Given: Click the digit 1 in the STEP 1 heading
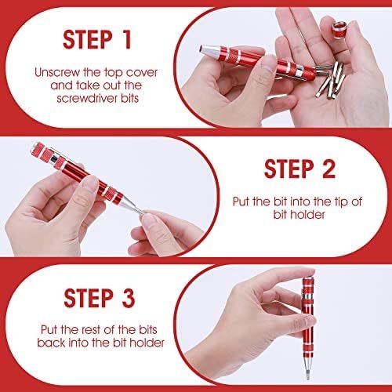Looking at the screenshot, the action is pos(127,39).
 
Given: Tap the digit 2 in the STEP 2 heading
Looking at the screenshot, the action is pos(328,169).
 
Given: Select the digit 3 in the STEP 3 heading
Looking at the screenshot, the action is pos(129,298).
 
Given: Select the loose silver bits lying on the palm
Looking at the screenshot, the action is pos(331,80).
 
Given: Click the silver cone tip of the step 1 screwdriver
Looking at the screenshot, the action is pos(209,49).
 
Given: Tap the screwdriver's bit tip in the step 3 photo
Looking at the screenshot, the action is pos(308,375).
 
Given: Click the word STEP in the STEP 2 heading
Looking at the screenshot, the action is pos(289,169).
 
